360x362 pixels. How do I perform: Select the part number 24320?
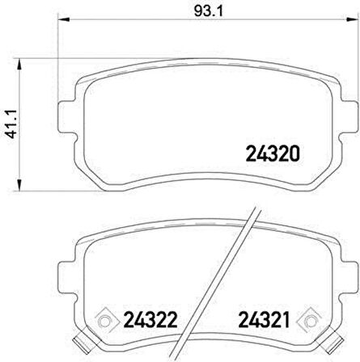click(x=273, y=151)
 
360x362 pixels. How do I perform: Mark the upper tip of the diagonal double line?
click(x=254, y=212)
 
